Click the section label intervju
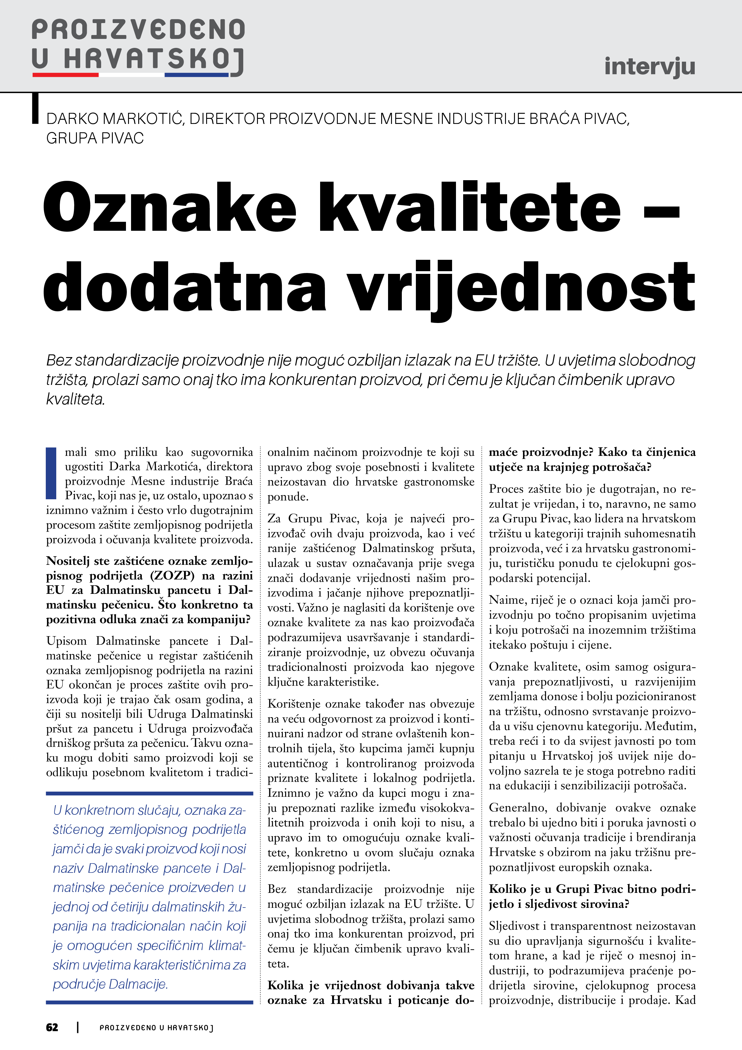[649, 67]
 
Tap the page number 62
[52, 1027]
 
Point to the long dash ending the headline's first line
[661, 212]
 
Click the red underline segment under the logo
[66, 75]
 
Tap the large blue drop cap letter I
[51, 473]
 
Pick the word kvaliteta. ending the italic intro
[75, 399]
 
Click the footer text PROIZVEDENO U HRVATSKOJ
[156, 1028]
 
